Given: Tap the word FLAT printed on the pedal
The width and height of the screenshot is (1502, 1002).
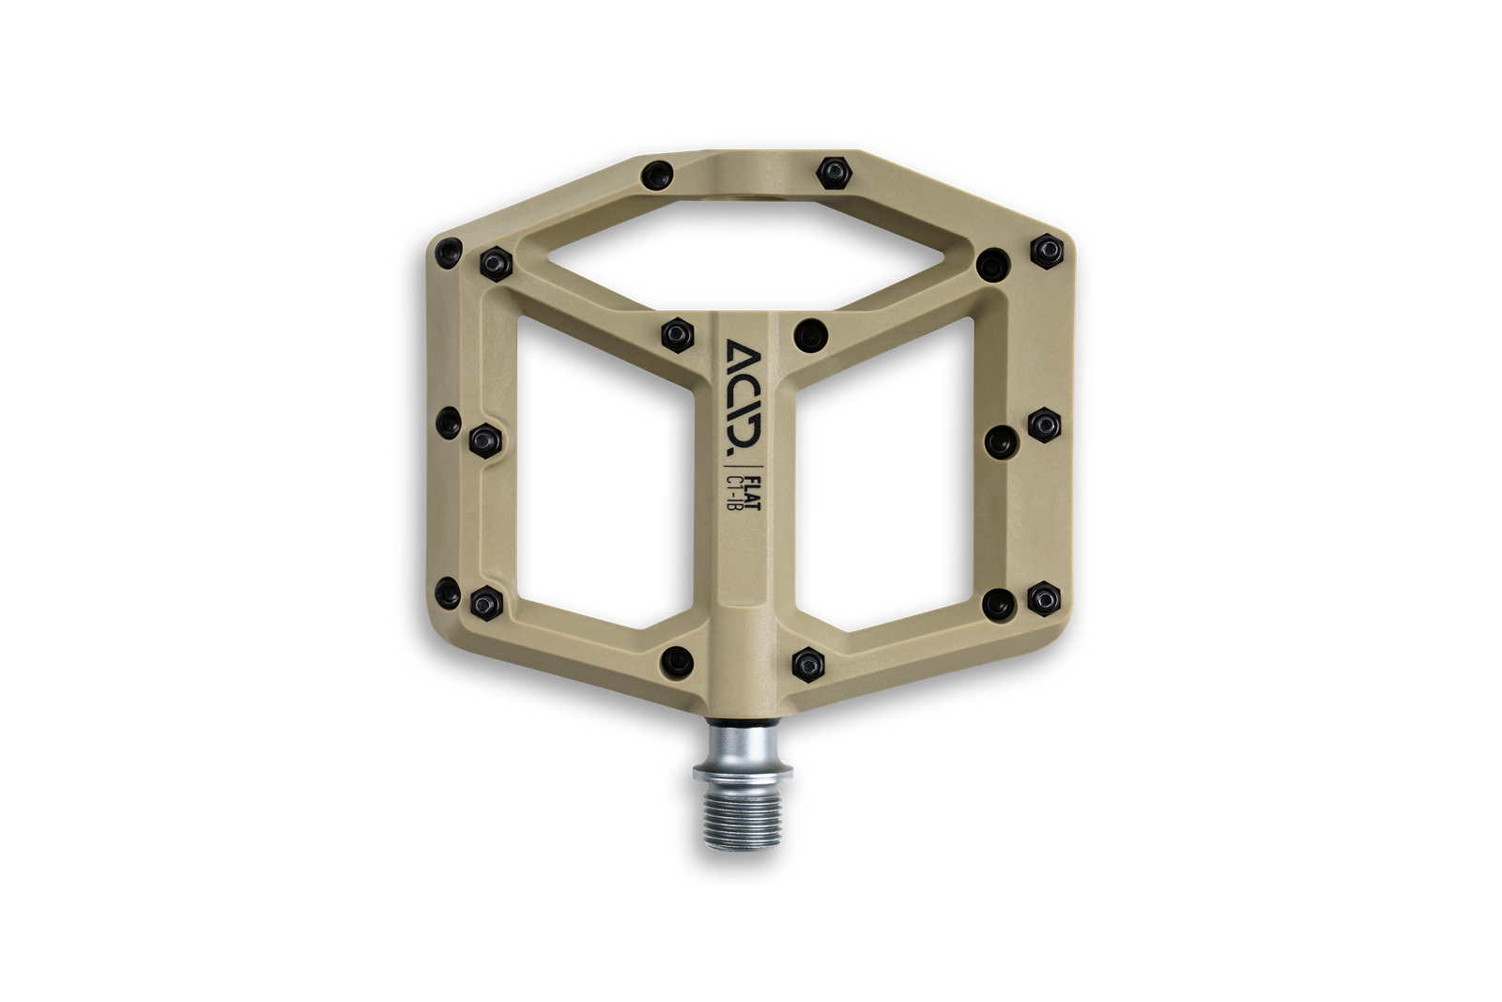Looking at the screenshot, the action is tap(752, 493).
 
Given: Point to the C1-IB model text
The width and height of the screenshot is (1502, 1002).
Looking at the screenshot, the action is tap(733, 494).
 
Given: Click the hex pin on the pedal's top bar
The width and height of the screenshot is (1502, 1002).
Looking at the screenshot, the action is tap(835, 173).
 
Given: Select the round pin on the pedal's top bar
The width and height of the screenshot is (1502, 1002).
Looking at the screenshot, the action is tap(656, 176).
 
